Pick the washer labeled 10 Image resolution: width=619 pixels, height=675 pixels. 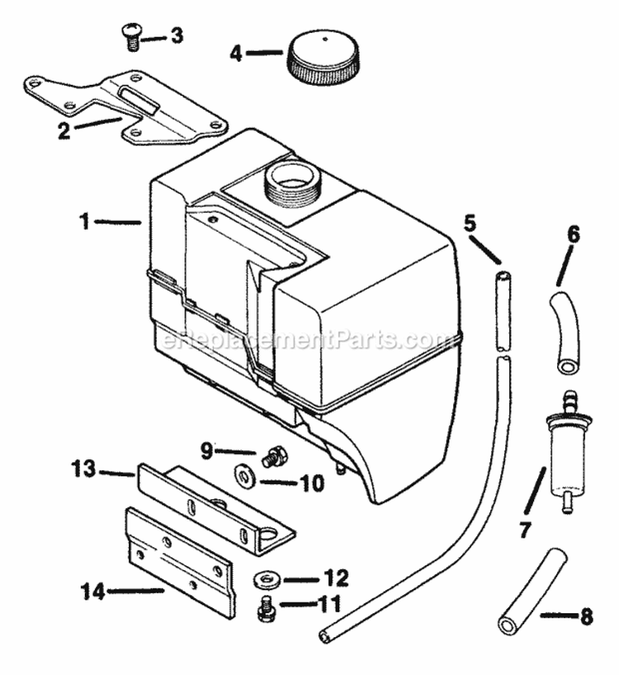click(x=245, y=476)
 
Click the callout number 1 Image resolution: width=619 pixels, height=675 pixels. click(x=107, y=221)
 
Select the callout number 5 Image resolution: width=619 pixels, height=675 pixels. click(x=470, y=223)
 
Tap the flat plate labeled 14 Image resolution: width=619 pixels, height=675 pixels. click(x=179, y=558)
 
